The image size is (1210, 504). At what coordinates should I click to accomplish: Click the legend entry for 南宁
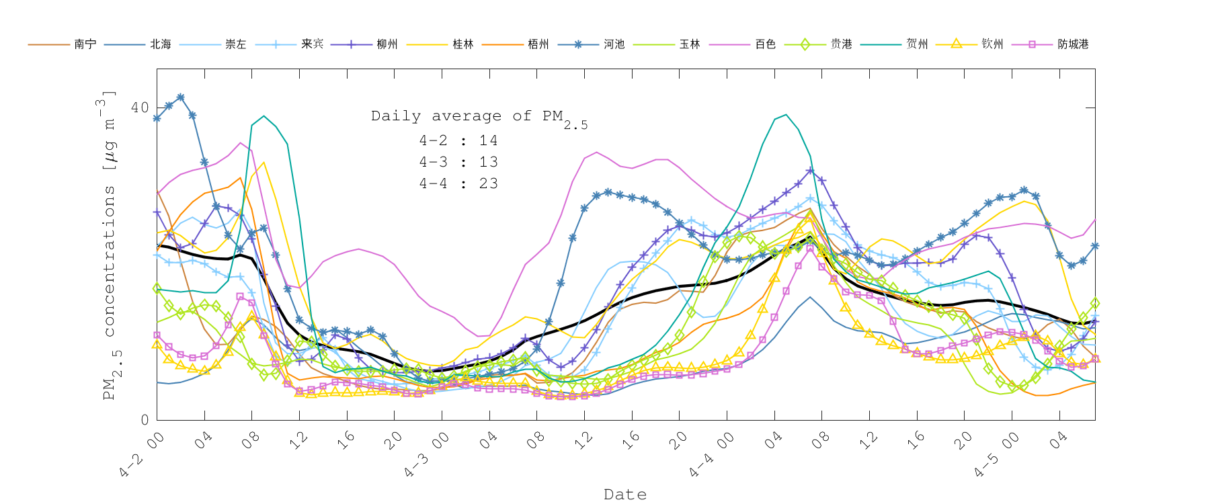(x=85, y=44)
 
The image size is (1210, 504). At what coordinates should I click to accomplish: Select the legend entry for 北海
(x=160, y=44)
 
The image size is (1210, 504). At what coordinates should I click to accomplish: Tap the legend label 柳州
(x=387, y=44)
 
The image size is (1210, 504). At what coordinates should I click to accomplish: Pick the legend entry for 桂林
(x=462, y=44)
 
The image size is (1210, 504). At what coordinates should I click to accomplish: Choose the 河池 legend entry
(x=614, y=44)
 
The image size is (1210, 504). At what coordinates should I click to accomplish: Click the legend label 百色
(x=765, y=44)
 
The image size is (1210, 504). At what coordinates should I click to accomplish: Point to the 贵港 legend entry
(x=841, y=44)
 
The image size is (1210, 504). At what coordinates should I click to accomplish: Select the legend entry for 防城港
(x=1072, y=44)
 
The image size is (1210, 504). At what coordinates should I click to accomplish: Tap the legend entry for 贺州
(x=917, y=44)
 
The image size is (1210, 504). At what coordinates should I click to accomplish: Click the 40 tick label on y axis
(x=140, y=108)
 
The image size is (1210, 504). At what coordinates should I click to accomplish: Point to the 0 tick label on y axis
(x=145, y=420)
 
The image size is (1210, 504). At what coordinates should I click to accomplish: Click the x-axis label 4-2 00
(x=143, y=454)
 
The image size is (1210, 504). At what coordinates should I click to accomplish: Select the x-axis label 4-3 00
(x=427, y=454)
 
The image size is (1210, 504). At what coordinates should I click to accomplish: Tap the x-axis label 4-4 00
(x=712, y=454)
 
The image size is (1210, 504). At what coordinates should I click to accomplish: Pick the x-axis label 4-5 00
(x=997, y=454)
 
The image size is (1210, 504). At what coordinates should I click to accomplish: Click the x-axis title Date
(x=625, y=495)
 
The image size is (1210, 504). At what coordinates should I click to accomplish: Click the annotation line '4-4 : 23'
(x=458, y=183)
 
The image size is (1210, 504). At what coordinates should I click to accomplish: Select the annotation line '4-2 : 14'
(x=458, y=140)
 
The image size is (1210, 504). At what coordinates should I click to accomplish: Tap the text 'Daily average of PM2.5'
(x=479, y=118)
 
